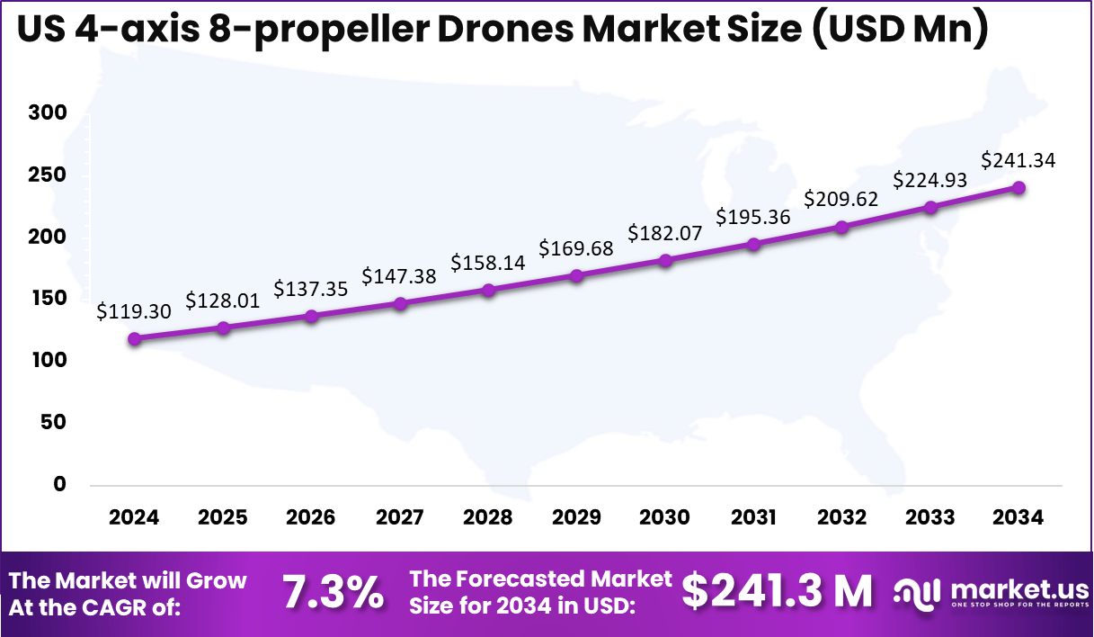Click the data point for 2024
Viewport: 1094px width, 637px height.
(135, 339)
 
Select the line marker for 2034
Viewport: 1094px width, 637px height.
(1019, 188)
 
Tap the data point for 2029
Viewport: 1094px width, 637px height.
(577, 275)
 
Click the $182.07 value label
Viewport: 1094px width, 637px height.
(664, 233)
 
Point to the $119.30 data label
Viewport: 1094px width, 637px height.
(134, 311)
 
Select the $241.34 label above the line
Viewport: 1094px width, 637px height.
(1018, 160)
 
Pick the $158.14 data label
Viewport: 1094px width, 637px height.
(487, 264)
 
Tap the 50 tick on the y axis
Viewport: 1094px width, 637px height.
(53, 422)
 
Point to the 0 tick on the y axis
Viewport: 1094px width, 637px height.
(59, 484)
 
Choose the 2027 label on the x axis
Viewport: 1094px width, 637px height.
(399, 517)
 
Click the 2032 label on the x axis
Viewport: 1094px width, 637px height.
(841, 517)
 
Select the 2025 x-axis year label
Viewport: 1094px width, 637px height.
(222, 517)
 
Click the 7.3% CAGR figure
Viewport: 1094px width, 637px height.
(334, 593)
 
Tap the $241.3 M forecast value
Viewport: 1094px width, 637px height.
(777, 591)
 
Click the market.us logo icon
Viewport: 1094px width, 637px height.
(917, 592)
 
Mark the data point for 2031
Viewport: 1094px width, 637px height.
(753, 245)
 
